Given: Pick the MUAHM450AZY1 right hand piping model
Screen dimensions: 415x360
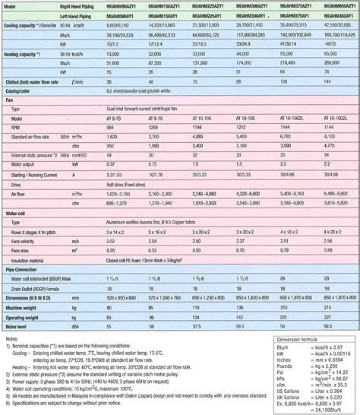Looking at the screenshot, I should pos(338,5).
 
